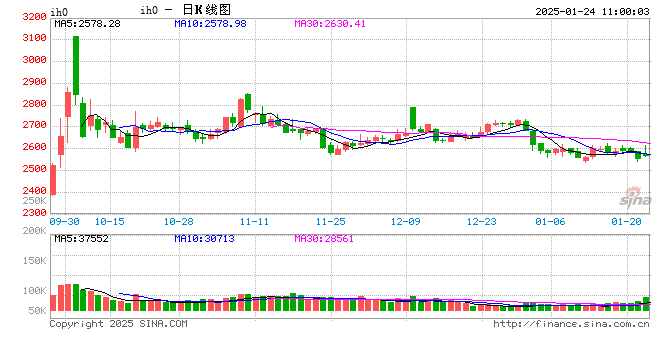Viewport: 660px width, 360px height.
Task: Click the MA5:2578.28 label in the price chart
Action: (88, 23)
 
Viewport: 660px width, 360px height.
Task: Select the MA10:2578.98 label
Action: (210, 23)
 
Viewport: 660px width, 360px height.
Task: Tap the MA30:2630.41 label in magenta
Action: (330, 23)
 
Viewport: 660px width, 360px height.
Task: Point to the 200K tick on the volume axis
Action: (32, 231)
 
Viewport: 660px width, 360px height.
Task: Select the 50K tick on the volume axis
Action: (35, 312)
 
